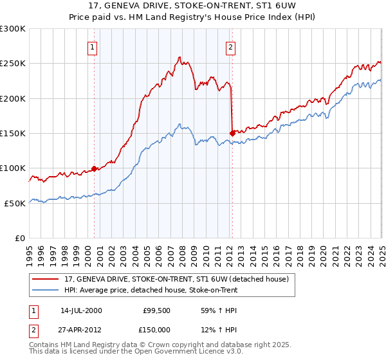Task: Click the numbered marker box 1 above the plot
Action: pos(93,47)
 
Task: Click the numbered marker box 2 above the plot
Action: pos(230,47)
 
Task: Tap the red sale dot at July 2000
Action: pos(94,168)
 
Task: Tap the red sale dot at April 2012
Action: pos(232,133)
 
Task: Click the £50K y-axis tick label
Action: pos(15,203)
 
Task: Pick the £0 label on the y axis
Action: pos(20,238)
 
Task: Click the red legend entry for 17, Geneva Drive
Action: pos(180,279)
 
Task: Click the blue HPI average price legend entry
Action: pos(151,290)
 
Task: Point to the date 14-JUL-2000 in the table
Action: pos(81,310)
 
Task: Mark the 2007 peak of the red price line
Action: pos(179,57)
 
